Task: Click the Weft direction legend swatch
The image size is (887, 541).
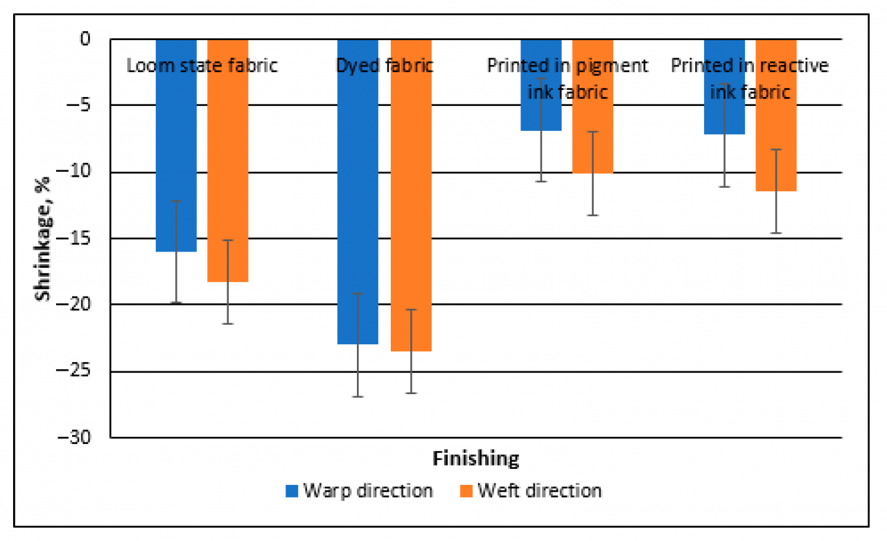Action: pyautogui.click(x=466, y=491)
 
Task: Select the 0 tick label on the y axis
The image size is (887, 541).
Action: pyautogui.click(x=95, y=39)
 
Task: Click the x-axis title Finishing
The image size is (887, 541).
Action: pyautogui.click(x=475, y=459)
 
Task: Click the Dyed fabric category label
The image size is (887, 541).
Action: pyautogui.click(x=384, y=66)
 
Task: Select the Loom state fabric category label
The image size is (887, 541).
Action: pyautogui.click(x=202, y=66)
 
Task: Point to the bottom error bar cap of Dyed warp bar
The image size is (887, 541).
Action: pyautogui.click(x=358, y=397)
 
